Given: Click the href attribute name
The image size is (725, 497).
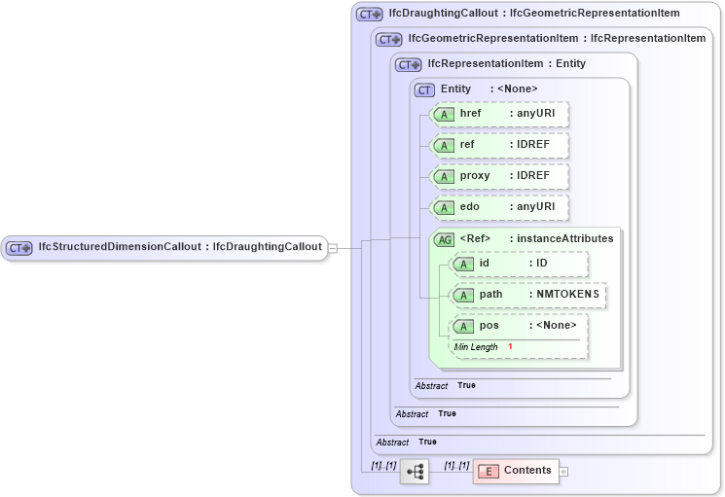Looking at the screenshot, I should (470, 114).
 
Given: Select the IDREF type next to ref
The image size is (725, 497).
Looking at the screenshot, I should (532, 145).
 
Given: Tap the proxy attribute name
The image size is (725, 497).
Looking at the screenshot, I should (474, 176).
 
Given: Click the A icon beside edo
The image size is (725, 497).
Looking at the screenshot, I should (444, 207).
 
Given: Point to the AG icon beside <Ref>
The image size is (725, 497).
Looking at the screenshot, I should (444, 238).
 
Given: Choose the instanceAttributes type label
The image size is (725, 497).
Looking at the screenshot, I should (564, 238).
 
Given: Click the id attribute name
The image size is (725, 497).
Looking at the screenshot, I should (485, 263).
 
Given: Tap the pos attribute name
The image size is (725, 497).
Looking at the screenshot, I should (489, 325).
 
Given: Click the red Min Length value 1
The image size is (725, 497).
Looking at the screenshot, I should (510, 346).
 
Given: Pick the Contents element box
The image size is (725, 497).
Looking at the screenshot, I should (516, 471).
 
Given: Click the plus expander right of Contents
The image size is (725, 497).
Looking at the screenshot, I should (563, 472).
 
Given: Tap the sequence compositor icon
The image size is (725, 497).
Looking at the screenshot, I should (414, 471).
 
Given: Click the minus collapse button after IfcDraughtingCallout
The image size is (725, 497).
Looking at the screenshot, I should (333, 248).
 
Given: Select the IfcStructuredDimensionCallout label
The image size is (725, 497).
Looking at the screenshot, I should (120, 247).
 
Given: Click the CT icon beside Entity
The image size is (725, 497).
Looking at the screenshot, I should (424, 89).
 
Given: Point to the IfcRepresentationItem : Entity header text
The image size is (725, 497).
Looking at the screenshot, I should (506, 64).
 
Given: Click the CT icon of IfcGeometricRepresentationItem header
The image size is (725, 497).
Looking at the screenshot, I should (389, 39).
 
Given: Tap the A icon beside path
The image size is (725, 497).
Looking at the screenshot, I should (464, 294).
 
